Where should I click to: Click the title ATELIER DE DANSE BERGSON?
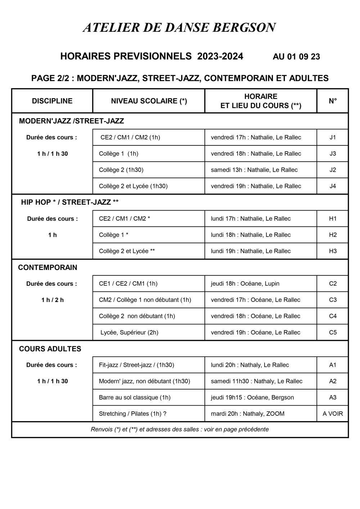(x=179, y=28)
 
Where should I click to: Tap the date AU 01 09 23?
(x=296, y=57)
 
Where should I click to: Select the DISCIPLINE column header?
(x=52, y=101)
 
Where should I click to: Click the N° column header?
(x=333, y=101)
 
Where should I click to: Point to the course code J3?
(x=333, y=154)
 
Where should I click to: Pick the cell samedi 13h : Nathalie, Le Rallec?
(x=254, y=170)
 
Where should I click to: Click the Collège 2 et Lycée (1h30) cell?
(x=133, y=186)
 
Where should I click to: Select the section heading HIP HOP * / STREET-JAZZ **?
(x=69, y=202)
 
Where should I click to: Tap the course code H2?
(x=333, y=235)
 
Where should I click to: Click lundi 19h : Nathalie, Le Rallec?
(x=251, y=251)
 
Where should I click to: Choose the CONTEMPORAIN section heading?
(x=48, y=267)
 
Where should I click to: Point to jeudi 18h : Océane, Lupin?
(x=245, y=284)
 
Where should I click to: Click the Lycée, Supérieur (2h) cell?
(x=129, y=332)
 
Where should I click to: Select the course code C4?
(x=333, y=316)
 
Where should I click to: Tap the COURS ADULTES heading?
(x=50, y=349)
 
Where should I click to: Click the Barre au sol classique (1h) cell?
(x=135, y=397)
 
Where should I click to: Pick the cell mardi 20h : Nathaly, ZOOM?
(x=247, y=414)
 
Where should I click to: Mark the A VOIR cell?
(x=333, y=414)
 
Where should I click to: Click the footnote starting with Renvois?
(x=180, y=429)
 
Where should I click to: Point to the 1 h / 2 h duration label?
(x=53, y=300)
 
